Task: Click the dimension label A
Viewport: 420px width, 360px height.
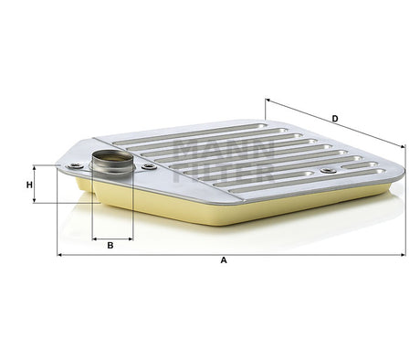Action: point(223,260)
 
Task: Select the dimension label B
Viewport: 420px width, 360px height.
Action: point(110,246)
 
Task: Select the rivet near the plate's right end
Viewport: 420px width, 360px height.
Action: point(326,171)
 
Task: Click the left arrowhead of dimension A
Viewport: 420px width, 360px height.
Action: point(60,253)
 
